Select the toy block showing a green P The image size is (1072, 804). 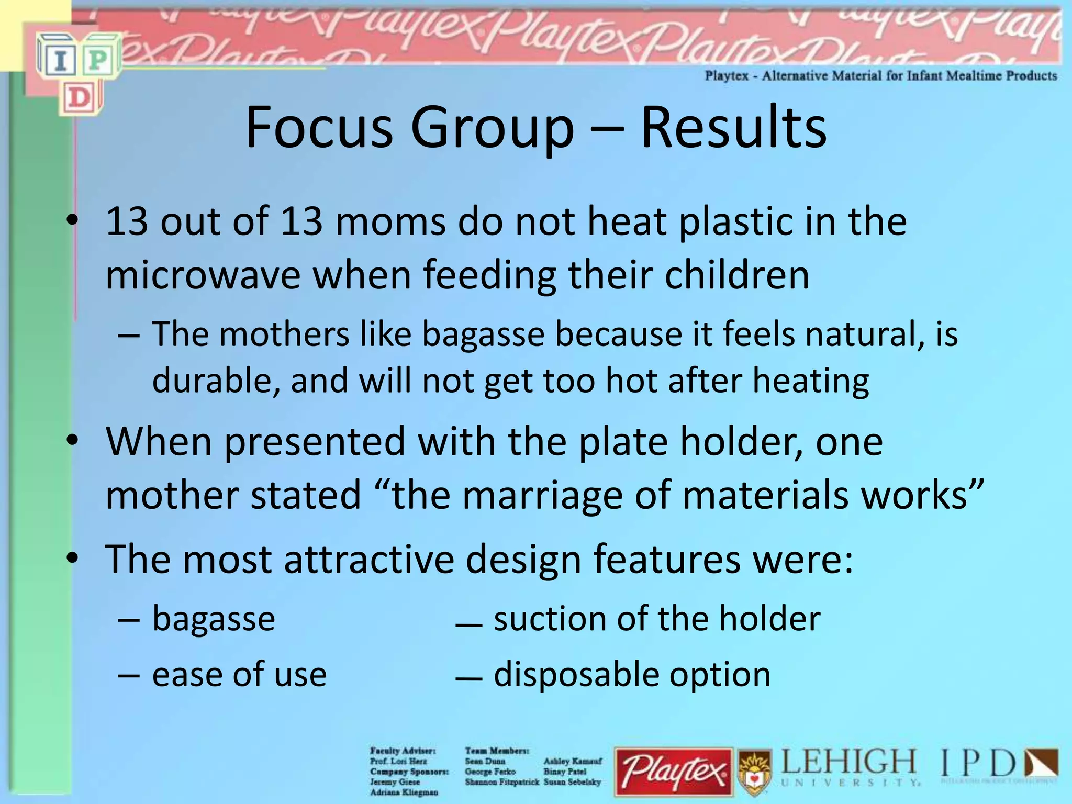(x=99, y=61)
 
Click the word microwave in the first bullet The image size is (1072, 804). (x=203, y=275)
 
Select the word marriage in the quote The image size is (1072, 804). (x=543, y=495)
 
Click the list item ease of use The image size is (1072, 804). (x=239, y=674)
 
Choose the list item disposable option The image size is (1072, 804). (x=632, y=674)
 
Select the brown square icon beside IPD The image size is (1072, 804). (x=1041, y=764)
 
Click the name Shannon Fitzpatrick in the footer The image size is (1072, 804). (x=502, y=782)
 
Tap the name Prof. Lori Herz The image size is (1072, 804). (x=398, y=761)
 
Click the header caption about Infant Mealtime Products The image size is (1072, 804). (x=880, y=76)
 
